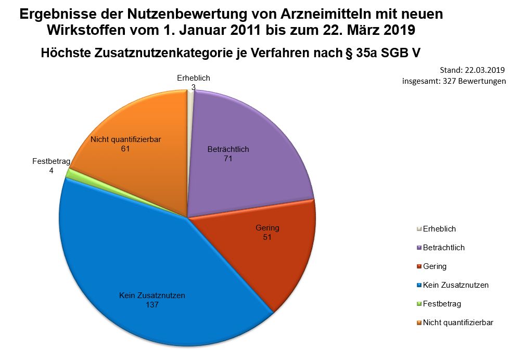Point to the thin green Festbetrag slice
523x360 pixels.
(x=68, y=174)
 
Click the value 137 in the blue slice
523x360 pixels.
(x=152, y=305)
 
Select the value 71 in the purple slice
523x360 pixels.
(x=227, y=159)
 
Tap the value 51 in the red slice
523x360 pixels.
(x=267, y=237)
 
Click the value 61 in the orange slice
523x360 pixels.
(x=125, y=149)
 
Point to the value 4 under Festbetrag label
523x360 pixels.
(x=51, y=170)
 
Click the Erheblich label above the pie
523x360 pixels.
(x=193, y=78)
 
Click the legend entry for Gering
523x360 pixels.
(x=435, y=266)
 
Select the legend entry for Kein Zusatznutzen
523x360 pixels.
(x=455, y=285)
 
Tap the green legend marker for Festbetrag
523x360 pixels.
(x=419, y=304)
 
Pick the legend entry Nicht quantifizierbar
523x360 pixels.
(x=458, y=323)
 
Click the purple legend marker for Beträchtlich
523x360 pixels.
(x=419, y=248)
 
